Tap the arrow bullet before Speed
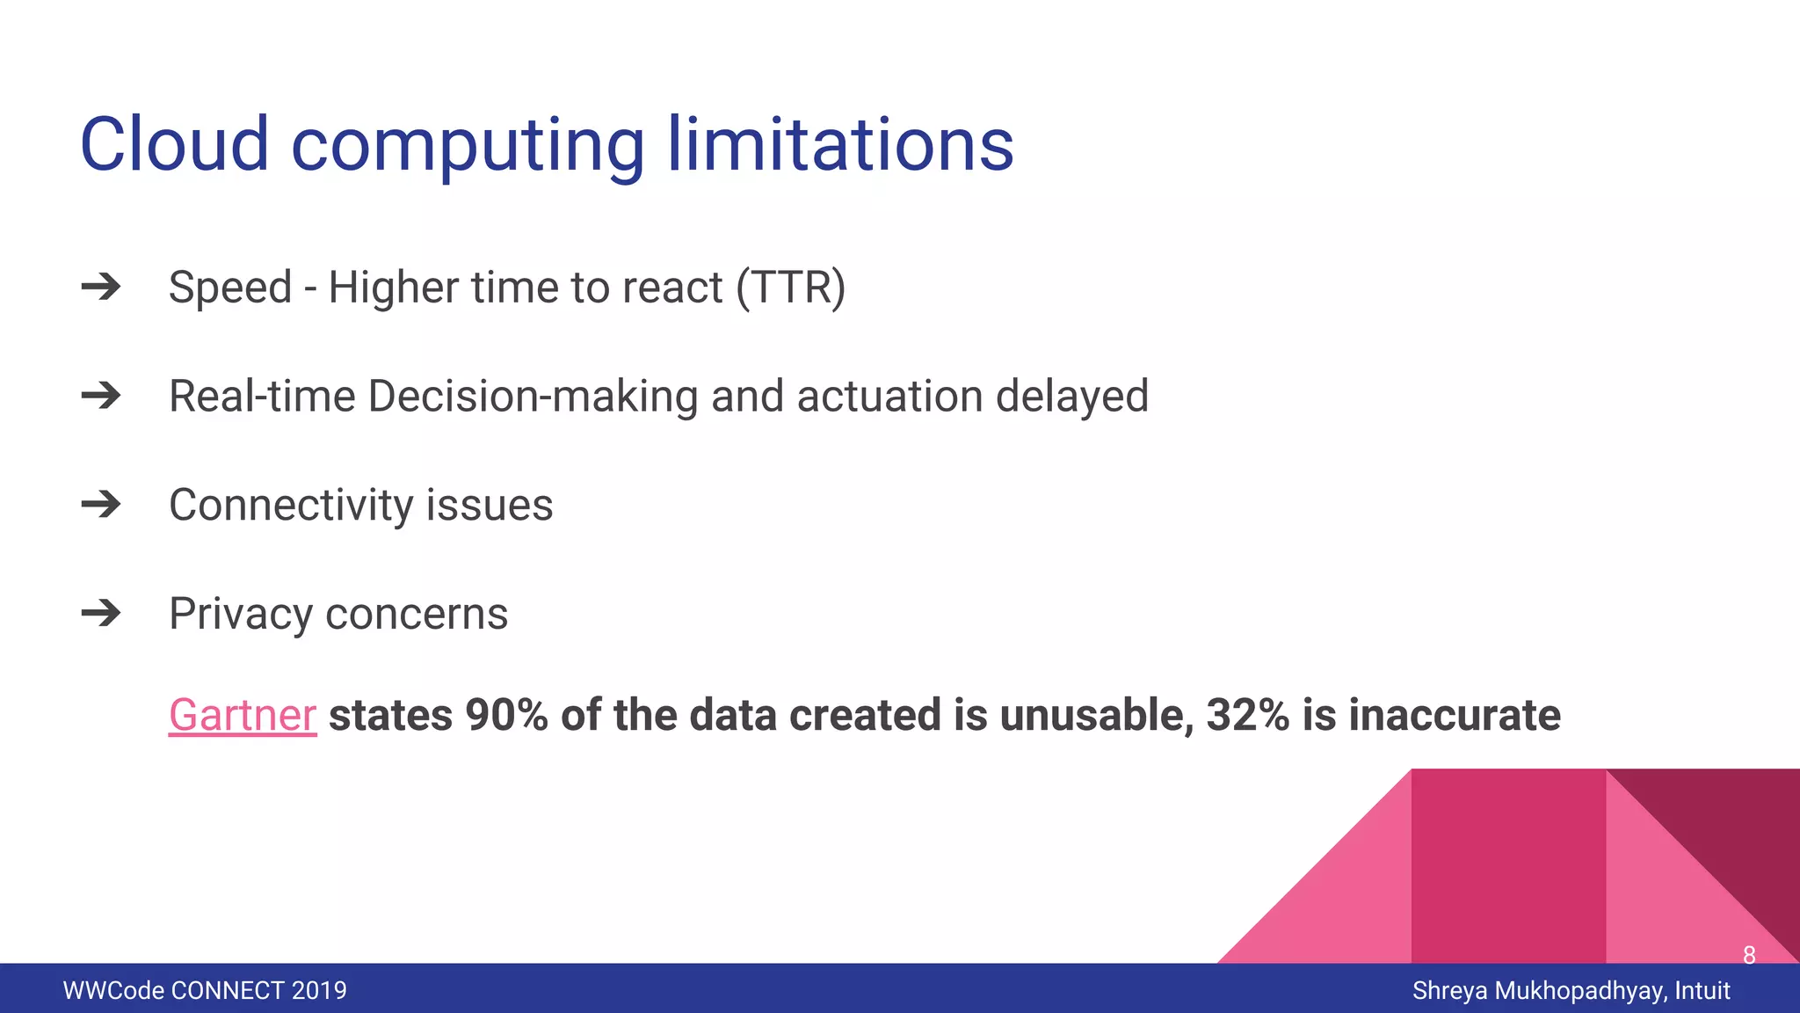point(101,287)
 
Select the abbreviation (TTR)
point(790,288)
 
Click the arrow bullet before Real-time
point(101,396)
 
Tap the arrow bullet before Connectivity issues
point(101,505)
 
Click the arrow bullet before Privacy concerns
point(101,613)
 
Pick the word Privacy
point(240,615)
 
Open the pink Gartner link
point(242,715)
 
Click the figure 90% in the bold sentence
point(506,715)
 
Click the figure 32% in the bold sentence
point(1247,715)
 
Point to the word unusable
point(1096,715)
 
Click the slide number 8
point(1748,955)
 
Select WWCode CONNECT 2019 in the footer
point(205,990)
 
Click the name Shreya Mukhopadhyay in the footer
point(1537,990)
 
